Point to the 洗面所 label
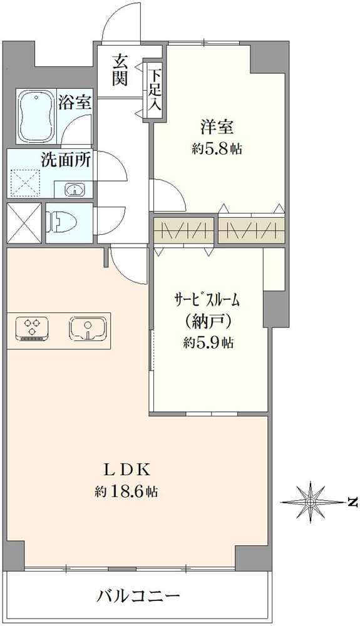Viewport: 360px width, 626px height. click(66, 160)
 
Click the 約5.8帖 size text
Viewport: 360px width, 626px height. click(217, 149)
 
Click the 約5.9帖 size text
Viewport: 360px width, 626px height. click(209, 342)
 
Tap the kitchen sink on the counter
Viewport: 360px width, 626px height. click(87, 327)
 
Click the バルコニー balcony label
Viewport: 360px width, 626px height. click(138, 595)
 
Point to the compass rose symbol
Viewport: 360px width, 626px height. click(311, 501)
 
